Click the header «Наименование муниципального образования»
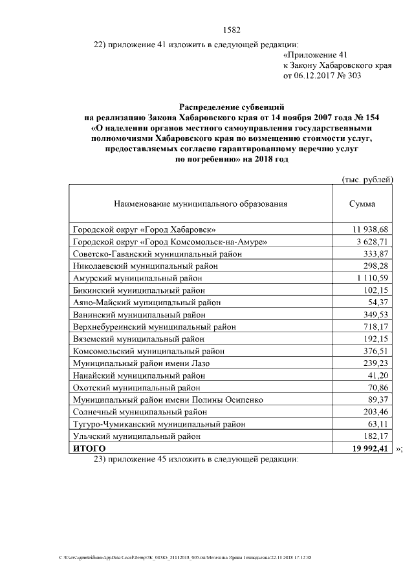(x=201, y=204)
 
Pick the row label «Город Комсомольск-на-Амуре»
(x=170, y=241)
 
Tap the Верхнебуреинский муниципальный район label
(x=154, y=326)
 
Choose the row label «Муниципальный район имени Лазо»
(x=141, y=363)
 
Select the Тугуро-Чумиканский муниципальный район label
(x=159, y=424)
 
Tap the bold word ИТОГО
(x=89, y=448)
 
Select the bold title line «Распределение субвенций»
(x=231, y=106)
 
